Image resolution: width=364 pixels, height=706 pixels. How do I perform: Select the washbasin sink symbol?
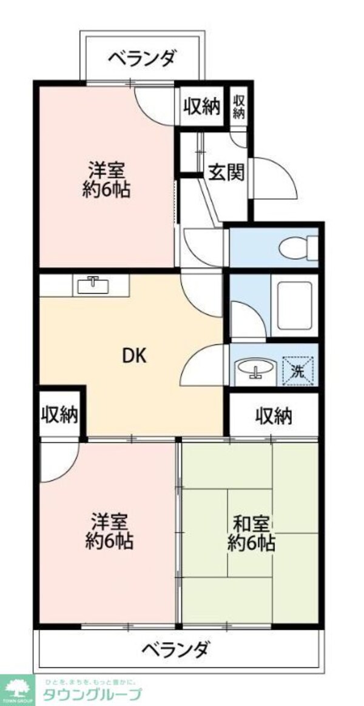tap(255, 368)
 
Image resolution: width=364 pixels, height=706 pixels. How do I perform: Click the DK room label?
tap(135, 356)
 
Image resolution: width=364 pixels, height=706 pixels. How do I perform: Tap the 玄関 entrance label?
tap(227, 173)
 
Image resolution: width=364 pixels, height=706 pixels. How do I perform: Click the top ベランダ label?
tap(143, 59)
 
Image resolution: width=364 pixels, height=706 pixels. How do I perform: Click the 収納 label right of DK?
tap(273, 416)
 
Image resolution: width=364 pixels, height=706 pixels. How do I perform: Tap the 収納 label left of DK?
tap(59, 415)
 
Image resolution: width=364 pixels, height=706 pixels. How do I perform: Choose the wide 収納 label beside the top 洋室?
tap(201, 107)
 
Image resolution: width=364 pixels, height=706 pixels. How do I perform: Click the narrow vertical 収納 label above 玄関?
tap(239, 107)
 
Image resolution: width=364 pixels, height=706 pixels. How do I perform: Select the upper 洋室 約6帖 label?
tap(107, 179)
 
